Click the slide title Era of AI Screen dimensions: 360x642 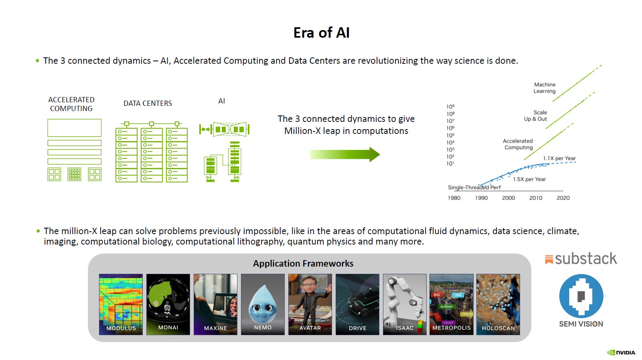pyautogui.click(x=321, y=32)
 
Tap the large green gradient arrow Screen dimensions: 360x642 pyautogui.click(x=345, y=154)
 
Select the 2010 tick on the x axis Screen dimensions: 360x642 pyautogui.click(x=535, y=198)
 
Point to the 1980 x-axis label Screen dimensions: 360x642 pyautogui.click(x=454, y=198)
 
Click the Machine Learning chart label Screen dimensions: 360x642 pyautogui.click(x=544, y=88)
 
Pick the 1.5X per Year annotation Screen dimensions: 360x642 pyautogui.click(x=529, y=179)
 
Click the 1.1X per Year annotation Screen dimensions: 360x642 pyautogui.click(x=559, y=158)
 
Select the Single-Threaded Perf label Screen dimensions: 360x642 pyautogui.click(x=474, y=187)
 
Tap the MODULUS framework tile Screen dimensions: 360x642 pyautogui.click(x=121, y=304)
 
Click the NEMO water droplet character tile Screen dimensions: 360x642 pyautogui.click(x=263, y=304)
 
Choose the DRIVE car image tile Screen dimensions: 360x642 pyautogui.click(x=357, y=304)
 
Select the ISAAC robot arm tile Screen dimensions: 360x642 pyautogui.click(x=404, y=304)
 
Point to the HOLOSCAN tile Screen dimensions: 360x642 pyautogui.click(x=498, y=304)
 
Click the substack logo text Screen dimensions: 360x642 pyautogui.click(x=585, y=259)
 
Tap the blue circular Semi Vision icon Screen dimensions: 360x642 pyautogui.click(x=581, y=296)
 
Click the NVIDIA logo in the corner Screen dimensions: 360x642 pyautogui.click(x=621, y=352)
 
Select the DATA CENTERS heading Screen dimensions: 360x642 pyautogui.click(x=148, y=103)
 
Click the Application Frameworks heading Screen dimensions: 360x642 pyautogui.click(x=303, y=263)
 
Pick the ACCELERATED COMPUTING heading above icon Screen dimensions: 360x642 pyautogui.click(x=71, y=104)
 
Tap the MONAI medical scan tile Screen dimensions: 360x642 pyautogui.click(x=168, y=304)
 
